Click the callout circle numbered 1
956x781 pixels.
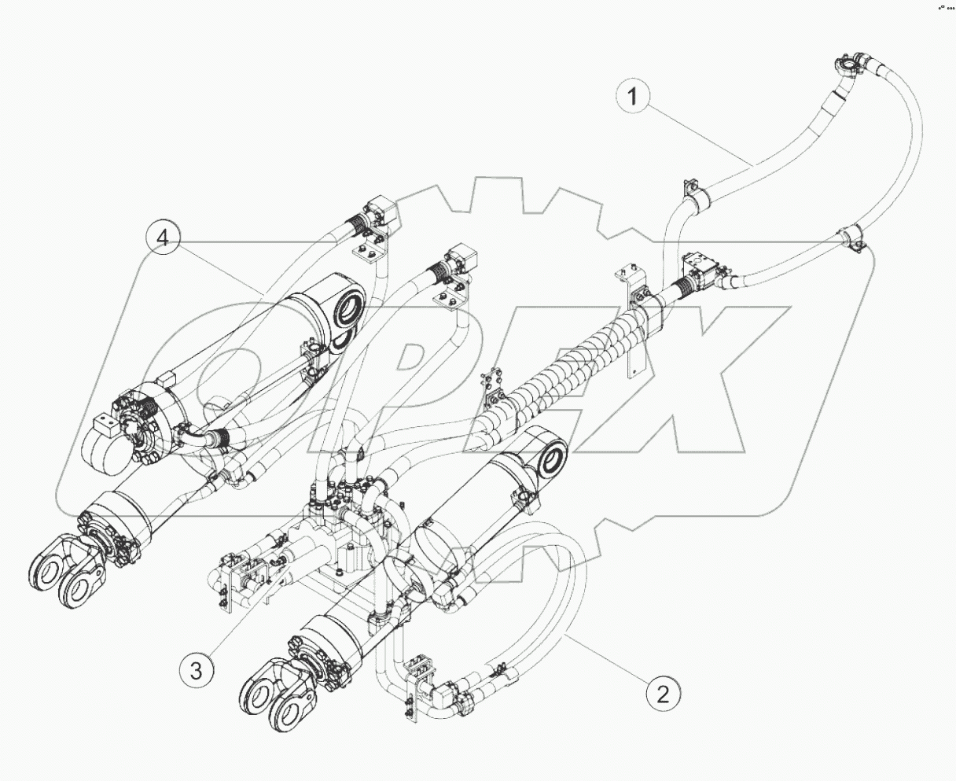point(638,98)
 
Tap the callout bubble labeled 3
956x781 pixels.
point(196,671)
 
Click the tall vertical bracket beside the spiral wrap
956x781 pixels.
point(633,322)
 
